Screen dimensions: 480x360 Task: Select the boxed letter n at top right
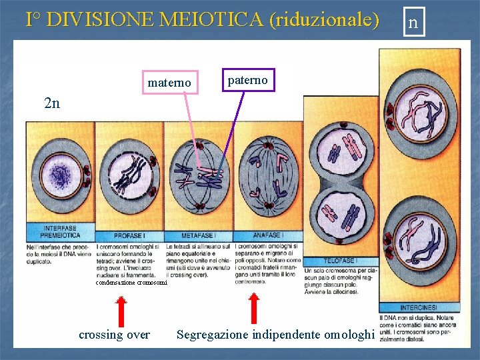[413, 23]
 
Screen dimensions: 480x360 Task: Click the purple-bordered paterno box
[247, 81]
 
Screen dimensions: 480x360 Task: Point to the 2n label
[51, 103]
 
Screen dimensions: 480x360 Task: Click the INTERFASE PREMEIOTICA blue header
[60, 232]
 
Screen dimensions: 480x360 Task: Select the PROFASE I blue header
[129, 235]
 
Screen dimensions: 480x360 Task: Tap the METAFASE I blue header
[198, 235]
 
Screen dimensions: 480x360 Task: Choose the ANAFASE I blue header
[267, 235]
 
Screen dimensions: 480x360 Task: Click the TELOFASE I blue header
[339, 260]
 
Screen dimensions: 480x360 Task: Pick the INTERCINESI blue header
[419, 307]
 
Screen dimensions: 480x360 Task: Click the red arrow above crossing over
[121, 311]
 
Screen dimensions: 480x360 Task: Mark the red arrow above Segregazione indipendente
[254, 308]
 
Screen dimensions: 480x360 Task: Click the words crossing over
[114, 335]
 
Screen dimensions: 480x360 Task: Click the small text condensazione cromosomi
[131, 283]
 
